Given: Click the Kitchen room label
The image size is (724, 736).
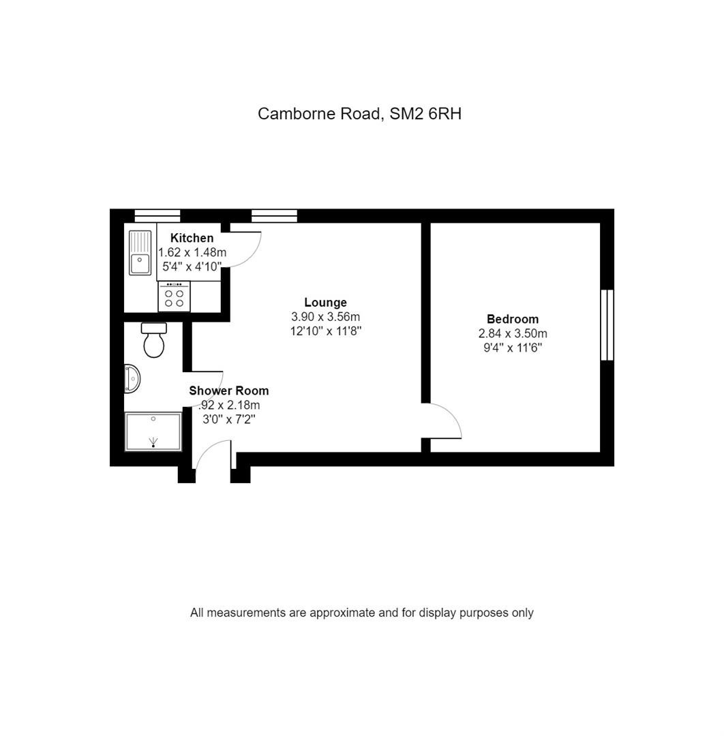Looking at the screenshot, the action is click(x=192, y=238).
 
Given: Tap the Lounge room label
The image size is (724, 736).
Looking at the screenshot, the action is click(x=325, y=303).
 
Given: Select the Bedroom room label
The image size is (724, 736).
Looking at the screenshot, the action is click(x=512, y=319).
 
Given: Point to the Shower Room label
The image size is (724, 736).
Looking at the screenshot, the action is click(x=228, y=390).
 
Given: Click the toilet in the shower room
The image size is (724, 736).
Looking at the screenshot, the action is click(x=153, y=340).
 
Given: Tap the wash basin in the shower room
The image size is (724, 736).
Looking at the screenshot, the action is click(x=132, y=378).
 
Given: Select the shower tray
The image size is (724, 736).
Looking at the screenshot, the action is click(x=153, y=432).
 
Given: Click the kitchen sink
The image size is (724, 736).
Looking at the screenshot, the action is click(x=140, y=253).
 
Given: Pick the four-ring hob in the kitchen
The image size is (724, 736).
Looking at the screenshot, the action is click(x=174, y=296).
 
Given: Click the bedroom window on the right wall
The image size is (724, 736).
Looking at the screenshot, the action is click(x=607, y=325).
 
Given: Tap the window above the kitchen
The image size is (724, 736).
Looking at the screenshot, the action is click(x=157, y=215).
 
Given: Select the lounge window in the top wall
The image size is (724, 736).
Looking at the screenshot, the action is click(x=274, y=215).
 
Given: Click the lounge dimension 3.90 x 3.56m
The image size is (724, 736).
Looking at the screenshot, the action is click(x=325, y=317).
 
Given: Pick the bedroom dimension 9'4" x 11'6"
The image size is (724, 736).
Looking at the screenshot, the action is click(x=513, y=348).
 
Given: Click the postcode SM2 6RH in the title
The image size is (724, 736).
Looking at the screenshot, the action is click(x=425, y=114).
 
